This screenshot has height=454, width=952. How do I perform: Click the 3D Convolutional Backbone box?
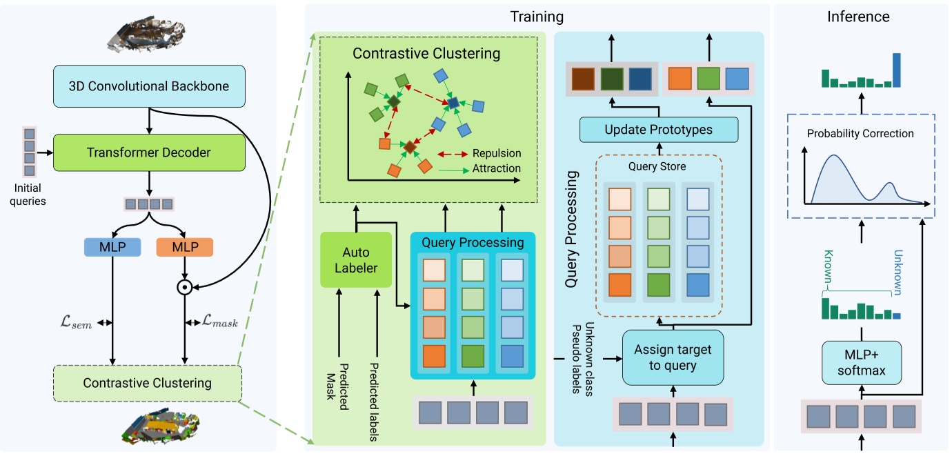[x=149, y=86]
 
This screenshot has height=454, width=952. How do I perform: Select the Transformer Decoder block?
[x=149, y=152]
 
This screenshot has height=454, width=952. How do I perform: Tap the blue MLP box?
[x=112, y=247]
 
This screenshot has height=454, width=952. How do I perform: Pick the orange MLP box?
[x=184, y=247]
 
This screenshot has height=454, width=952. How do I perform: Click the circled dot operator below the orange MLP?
[x=184, y=286]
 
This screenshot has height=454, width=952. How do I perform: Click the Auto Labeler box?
[x=356, y=259]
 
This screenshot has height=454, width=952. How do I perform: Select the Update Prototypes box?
[x=659, y=130]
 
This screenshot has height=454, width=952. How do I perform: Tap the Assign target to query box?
[x=673, y=357]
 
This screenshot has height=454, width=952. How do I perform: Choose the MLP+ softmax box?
[x=861, y=365]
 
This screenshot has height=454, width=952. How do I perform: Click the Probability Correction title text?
[x=860, y=133]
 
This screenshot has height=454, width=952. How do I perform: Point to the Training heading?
[x=536, y=17]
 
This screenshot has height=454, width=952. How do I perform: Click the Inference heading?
[x=858, y=17]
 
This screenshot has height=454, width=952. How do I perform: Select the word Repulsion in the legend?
[x=497, y=153]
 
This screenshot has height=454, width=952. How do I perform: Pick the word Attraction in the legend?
[x=496, y=168]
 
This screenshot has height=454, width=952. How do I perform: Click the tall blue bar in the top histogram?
[x=897, y=70]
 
